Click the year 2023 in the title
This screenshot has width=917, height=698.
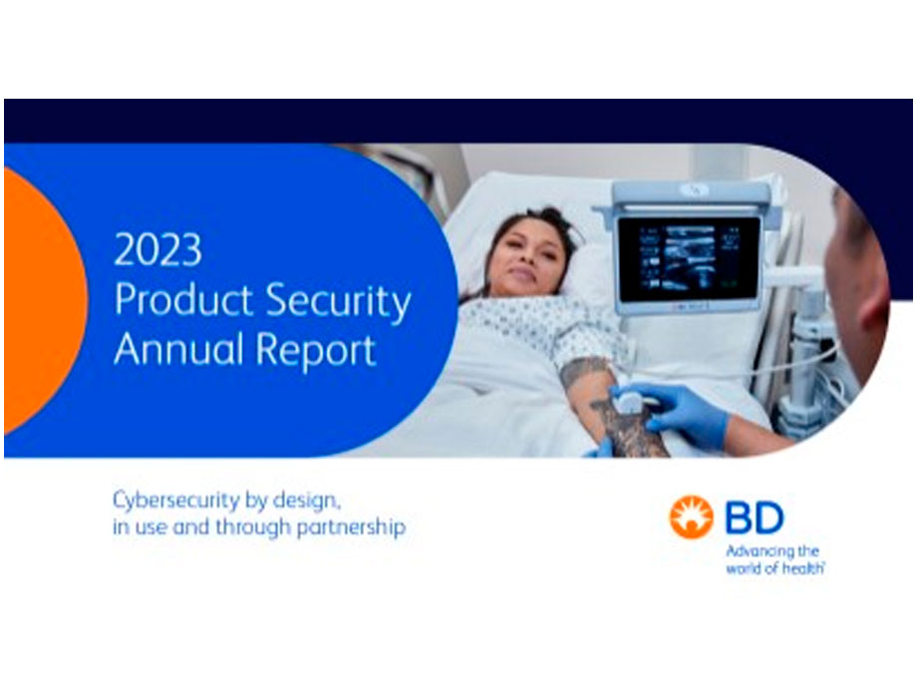coord(157,250)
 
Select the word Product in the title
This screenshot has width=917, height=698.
coord(183,300)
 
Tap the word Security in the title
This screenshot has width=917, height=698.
coord(338,302)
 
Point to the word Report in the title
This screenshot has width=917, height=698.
coord(316,352)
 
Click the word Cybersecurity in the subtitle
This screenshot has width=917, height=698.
coord(176,502)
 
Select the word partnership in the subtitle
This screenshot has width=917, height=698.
coord(351,527)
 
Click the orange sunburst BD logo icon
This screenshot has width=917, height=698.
coord(692,518)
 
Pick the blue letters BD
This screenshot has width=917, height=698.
coord(755,518)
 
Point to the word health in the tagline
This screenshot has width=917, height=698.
coord(804,568)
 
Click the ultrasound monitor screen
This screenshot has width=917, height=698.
coord(689,260)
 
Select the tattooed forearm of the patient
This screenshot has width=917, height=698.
coord(608,410)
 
